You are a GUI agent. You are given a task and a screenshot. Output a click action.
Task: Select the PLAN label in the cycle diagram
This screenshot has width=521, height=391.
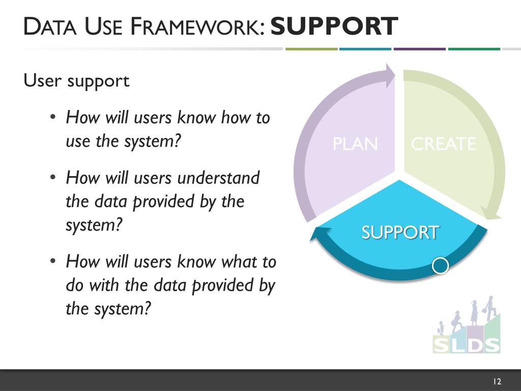click(355, 144)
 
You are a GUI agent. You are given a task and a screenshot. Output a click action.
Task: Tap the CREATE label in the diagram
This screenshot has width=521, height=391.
click(443, 144)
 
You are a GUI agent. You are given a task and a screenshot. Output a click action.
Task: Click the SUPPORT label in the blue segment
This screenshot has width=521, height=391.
click(399, 232)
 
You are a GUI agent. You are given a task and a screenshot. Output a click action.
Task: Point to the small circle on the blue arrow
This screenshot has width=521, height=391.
click(440, 265)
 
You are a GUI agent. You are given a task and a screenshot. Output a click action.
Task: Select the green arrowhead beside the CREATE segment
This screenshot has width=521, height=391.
click(489, 213)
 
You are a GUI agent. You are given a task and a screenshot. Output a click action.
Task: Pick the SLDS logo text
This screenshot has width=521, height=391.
click(466, 344)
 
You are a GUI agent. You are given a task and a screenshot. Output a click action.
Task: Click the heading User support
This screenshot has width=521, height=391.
click(77, 80)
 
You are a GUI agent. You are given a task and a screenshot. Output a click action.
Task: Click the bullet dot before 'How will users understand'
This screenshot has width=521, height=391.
click(53, 178)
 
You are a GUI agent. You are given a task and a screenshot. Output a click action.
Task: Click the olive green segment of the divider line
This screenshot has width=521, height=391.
click(311, 49)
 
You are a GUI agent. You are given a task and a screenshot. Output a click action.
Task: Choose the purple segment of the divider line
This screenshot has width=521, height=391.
click(419, 49)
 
